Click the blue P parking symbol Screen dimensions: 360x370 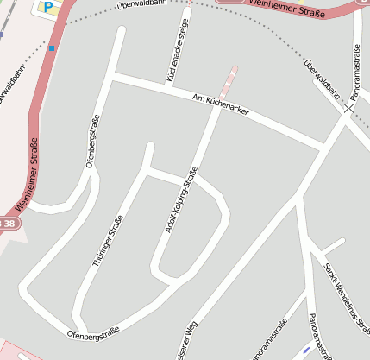(x=48, y=7)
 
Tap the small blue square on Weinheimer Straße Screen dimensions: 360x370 (x=52, y=49)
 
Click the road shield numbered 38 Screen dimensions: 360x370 (x=8, y=224)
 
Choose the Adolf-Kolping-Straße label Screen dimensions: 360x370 (x=180, y=204)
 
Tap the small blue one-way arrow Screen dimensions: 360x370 (x=306, y=351)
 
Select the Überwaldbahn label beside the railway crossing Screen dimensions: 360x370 (x=321, y=80)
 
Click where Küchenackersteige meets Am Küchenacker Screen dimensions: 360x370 (x=169, y=86)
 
